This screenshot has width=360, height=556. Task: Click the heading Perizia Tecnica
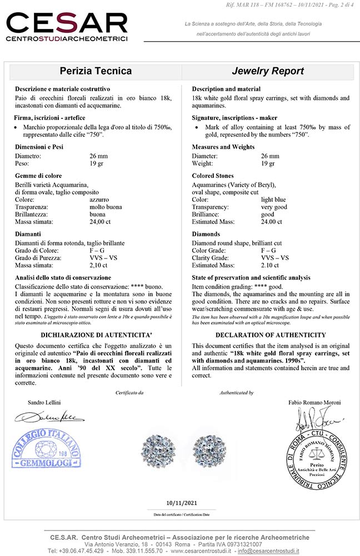[95, 71]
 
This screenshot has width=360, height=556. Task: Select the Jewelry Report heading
[268, 71]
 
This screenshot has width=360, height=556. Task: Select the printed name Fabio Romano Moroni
[314, 401]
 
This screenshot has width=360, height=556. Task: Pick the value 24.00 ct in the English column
[272, 222]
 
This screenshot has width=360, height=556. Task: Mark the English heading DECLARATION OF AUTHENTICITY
[271, 335]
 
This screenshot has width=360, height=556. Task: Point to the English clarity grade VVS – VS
[275, 257]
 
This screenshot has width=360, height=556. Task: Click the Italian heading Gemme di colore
[38, 176]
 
